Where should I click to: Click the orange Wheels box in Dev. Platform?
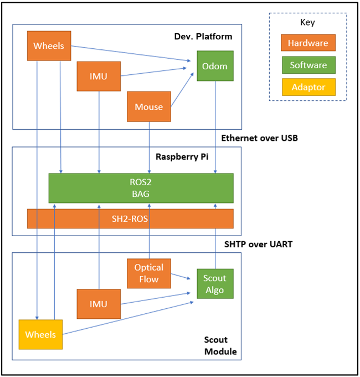[49, 45]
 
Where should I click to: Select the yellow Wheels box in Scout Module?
[40, 334]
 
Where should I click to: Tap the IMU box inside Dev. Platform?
[99, 76]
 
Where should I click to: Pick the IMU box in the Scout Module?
[99, 304]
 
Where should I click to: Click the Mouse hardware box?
[149, 106]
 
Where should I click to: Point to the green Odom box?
[215, 66]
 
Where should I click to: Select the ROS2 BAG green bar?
[141, 188]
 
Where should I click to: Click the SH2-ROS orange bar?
[130, 219]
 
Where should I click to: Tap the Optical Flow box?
[149, 273]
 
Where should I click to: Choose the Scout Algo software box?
[215, 284]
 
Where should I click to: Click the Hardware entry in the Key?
[308, 43]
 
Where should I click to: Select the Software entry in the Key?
[308, 65]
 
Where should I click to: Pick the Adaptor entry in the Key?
[308, 87]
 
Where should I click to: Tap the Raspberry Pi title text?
[181, 156]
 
